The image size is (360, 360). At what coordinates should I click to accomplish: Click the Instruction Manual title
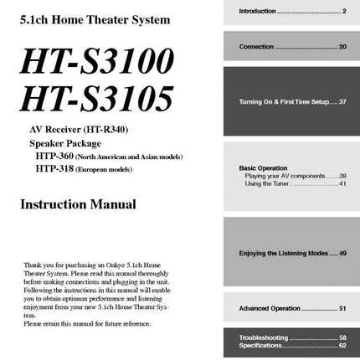pyautogui.click(x=78, y=203)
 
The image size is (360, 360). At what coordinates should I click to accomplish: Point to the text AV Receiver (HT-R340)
pyautogui.click(x=79, y=130)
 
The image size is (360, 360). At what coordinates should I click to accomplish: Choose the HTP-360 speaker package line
pyautogui.click(x=109, y=156)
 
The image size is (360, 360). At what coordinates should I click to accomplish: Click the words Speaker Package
pyautogui.click(x=64, y=143)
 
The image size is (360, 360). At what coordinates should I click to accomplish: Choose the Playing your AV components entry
pyautogui.click(x=290, y=176)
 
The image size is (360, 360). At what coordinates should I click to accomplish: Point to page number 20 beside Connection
pyautogui.click(x=342, y=47)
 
